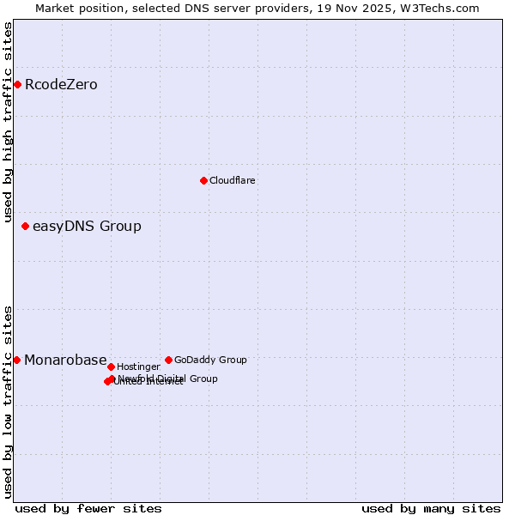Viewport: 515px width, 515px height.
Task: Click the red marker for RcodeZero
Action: [x=17, y=84]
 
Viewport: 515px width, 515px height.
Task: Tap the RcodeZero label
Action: [x=61, y=84]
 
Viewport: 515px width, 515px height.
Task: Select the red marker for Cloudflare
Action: [x=203, y=180]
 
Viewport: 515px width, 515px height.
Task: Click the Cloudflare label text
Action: [x=232, y=181]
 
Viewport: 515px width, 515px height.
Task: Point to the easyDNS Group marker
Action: [x=26, y=227]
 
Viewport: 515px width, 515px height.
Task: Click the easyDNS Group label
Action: [x=87, y=227]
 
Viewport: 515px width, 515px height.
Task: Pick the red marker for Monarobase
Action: [x=17, y=360]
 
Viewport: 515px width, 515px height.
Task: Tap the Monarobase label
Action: [x=65, y=360]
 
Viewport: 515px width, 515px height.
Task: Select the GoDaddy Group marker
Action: [x=168, y=360]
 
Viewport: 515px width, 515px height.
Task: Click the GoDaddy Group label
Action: [x=210, y=360]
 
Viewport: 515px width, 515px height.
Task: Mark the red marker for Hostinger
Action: [x=111, y=367]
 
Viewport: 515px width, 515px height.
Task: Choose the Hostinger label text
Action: [x=138, y=367]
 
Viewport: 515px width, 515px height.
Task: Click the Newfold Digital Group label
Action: [x=168, y=379]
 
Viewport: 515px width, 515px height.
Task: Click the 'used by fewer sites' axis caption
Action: [x=88, y=508]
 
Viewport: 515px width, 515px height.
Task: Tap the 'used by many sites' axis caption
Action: [x=431, y=508]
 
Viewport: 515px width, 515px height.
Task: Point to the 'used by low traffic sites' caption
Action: [x=8, y=401]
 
